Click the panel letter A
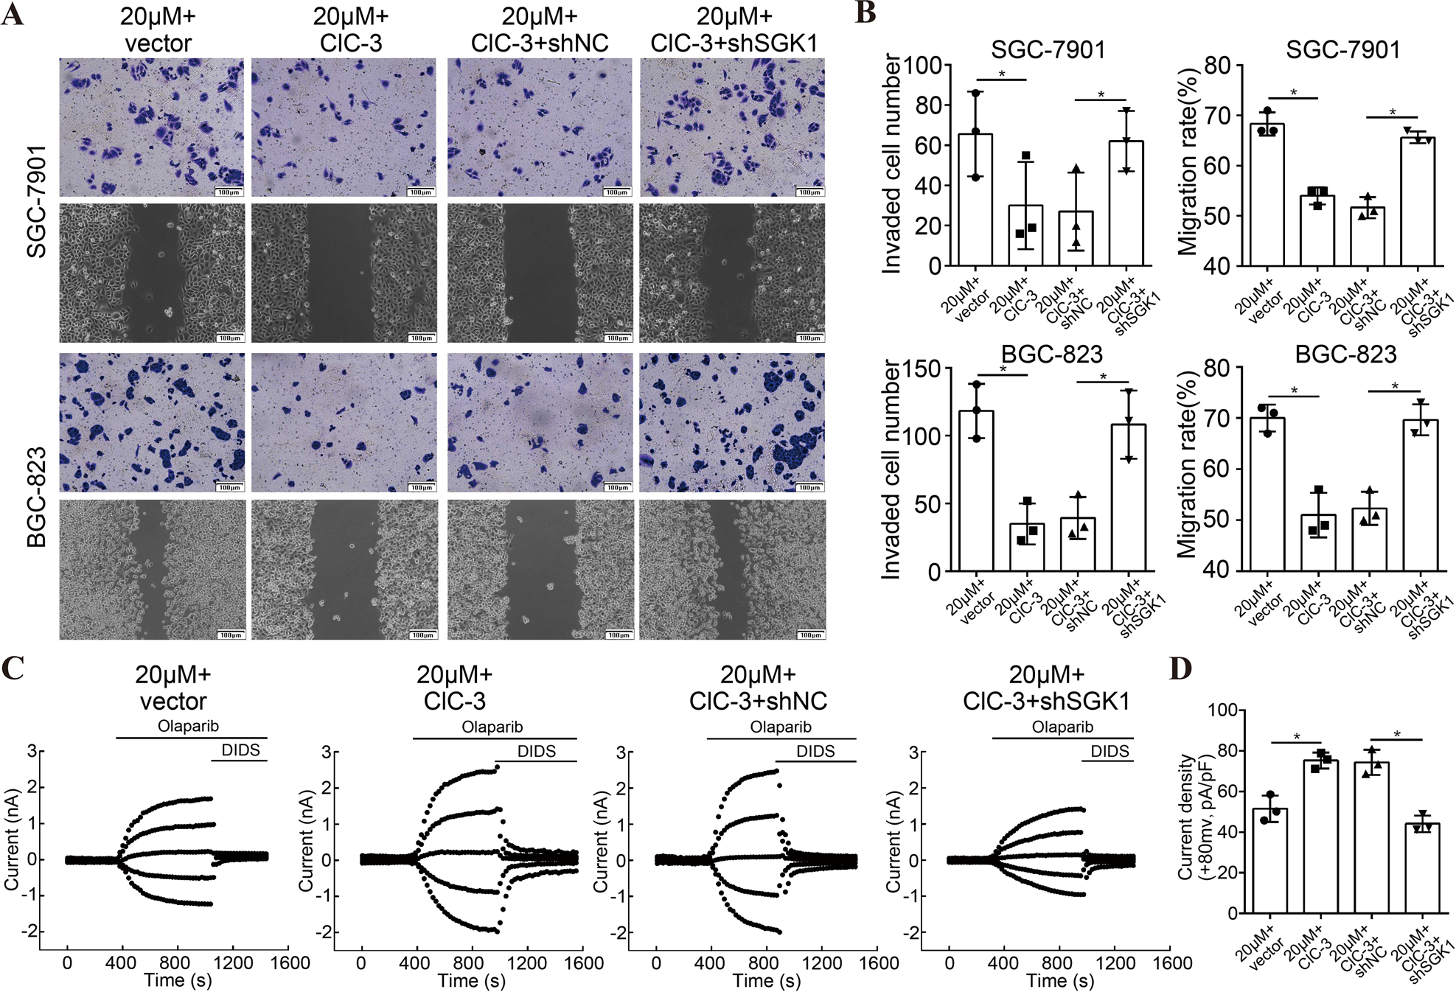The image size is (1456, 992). pyautogui.click(x=13, y=15)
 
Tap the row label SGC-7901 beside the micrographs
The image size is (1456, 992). pyautogui.click(x=37, y=201)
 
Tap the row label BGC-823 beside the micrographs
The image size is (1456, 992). pyautogui.click(x=37, y=497)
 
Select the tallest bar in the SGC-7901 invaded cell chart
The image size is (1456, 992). pyautogui.click(x=975, y=200)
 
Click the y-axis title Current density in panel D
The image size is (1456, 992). pyautogui.click(x=1185, y=816)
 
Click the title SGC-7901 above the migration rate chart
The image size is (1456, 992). pyautogui.click(x=1342, y=50)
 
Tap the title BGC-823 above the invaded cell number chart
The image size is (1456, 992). pyautogui.click(x=1051, y=354)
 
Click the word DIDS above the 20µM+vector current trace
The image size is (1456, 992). pyautogui.click(x=240, y=750)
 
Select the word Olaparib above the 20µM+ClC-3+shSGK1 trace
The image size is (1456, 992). pyautogui.click(x=1062, y=727)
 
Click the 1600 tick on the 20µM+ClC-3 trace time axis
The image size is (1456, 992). pyautogui.click(x=583, y=963)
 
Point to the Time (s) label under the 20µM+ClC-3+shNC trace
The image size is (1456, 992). pyautogui.click(x=766, y=980)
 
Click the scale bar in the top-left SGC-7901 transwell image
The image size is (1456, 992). pyautogui.click(x=229, y=192)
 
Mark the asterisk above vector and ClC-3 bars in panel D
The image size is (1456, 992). pyautogui.click(x=1296, y=737)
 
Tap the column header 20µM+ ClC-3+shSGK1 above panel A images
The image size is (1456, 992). pyautogui.click(x=734, y=29)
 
